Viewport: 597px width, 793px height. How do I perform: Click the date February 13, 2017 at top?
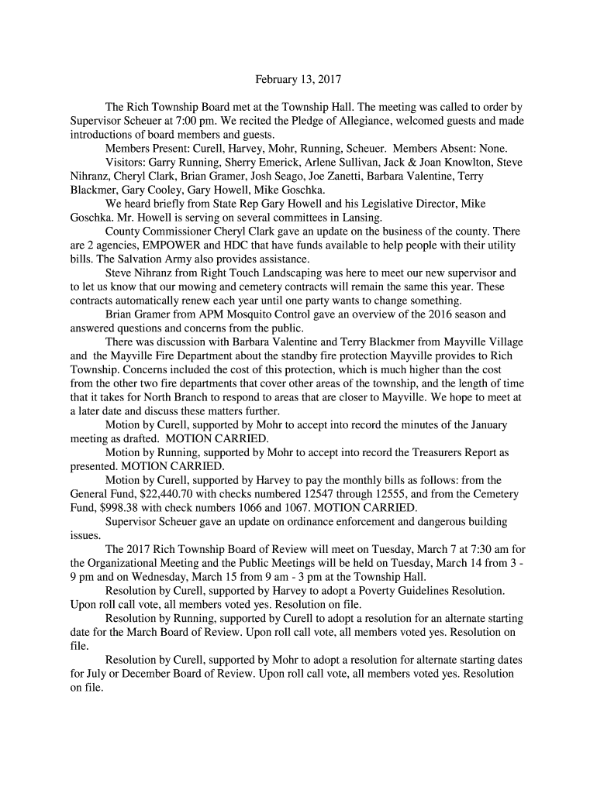(x=298, y=79)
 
